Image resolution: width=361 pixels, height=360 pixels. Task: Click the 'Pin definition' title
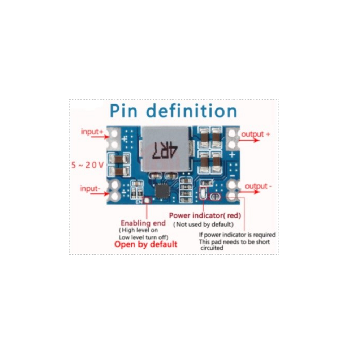[x=173, y=111]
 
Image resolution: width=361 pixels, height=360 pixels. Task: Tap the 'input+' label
[x=92, y=132]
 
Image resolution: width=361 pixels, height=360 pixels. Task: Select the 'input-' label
[x=90, y=188]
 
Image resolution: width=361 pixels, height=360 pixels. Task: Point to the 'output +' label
[x=255, y=134]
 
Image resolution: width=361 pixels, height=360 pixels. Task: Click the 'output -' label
[x=258, y=186]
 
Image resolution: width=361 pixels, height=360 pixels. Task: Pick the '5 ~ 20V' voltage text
[x=87, y=165]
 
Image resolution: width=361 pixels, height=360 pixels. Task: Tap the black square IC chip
[x=162, y=191]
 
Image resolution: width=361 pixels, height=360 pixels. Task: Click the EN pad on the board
[x=147, y=201]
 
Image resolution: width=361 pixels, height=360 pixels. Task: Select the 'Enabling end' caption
[x=143, y=223]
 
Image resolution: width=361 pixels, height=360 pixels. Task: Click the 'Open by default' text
[x=146, y=244]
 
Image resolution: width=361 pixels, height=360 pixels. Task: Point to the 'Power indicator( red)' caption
[x=205, y=215]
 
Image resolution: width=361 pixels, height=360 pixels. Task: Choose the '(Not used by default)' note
[x=203, y=224]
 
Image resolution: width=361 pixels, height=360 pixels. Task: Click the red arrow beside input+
[x=100, y=137]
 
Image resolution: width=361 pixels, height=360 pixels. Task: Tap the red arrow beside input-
[x=100, y=194]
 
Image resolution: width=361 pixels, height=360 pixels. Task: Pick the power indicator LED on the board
[x=203, y=193]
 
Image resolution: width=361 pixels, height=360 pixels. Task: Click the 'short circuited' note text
[x=234, y=245]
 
